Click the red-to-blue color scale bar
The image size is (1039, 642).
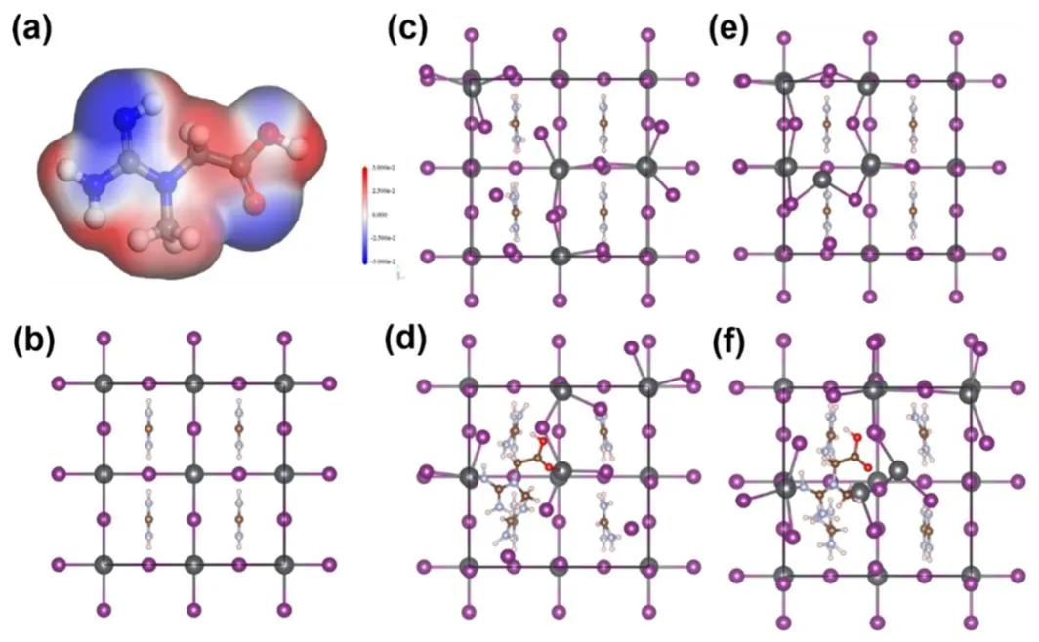coord(364,216)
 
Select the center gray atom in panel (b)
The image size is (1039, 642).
coord(193,473)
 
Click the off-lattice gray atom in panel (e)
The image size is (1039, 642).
coord(823,180)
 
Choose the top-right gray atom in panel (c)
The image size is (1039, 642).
coord(646,78)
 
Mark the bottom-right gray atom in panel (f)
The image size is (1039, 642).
coord(970,573)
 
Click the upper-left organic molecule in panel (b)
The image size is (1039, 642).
coord(149,427)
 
